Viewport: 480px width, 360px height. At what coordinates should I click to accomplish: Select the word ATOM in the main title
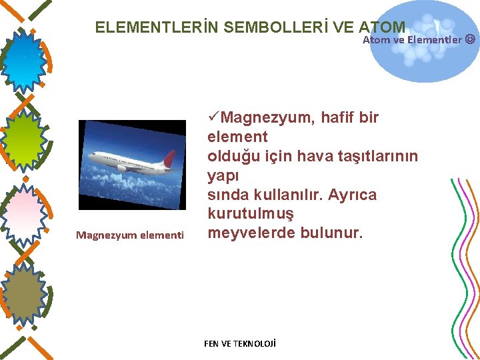point(382,27)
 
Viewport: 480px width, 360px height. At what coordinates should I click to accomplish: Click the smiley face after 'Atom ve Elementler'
point(470,39)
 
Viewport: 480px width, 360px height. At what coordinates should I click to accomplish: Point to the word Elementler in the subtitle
point(434,39)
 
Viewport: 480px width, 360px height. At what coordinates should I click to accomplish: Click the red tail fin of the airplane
point(169,158)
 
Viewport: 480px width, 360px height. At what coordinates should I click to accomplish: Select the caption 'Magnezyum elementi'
point(130,235)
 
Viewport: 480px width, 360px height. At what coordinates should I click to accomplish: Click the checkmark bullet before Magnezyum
point(213,118)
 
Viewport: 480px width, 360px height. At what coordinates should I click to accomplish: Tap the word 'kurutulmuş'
point(251,214)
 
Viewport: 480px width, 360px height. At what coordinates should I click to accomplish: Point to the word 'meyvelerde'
point(251,233)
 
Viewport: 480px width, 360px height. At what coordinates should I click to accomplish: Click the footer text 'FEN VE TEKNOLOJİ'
point(239,343)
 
